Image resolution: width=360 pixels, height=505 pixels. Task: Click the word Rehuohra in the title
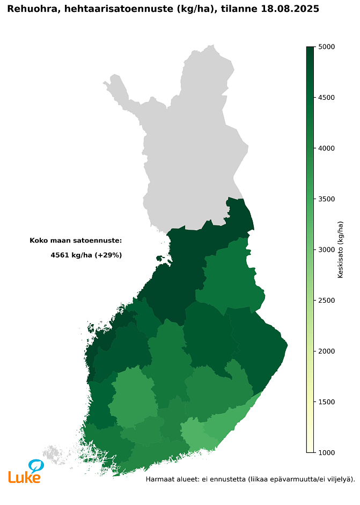(32, 9)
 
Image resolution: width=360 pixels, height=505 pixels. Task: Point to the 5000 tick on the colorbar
(327, 47)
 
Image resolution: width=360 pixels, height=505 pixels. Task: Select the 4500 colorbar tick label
(327, 98)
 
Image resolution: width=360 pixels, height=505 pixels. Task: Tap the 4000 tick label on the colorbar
(327, 148)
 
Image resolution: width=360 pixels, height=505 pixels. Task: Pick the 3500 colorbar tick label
(327, 199)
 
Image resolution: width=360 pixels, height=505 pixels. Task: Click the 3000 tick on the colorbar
(327, 250)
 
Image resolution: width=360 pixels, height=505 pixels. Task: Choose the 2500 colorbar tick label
(327, 301)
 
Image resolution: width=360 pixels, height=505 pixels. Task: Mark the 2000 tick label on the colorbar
(327, 351)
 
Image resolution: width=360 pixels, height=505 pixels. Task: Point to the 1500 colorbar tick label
(327, 402)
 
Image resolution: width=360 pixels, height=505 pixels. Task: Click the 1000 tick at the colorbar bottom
(327, 452)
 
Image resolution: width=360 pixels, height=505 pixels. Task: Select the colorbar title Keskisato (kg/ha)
(341, 250)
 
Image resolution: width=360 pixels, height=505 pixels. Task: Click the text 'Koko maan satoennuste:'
(76, 240)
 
